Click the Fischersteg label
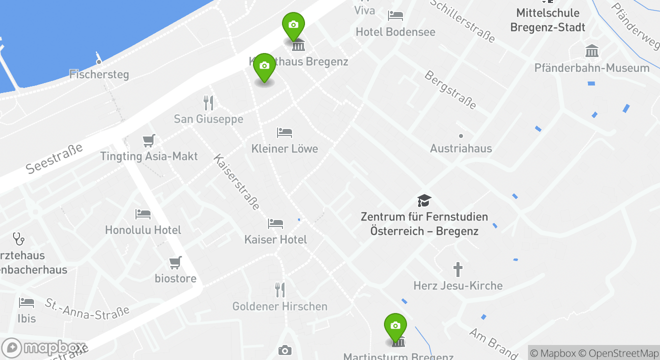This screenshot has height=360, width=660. tap(99, 74)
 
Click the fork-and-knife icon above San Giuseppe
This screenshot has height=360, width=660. tap(209, 103)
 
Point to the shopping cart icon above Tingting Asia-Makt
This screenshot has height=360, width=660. tap(148, 140)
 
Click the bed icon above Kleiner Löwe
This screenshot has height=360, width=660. tap(284, 133)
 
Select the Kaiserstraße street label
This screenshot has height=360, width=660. tap(237, 181)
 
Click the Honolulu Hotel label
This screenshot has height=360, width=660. tap(143, 230)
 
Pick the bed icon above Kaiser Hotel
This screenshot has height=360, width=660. tap(275, 223)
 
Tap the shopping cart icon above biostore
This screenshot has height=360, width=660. tap(175, 262)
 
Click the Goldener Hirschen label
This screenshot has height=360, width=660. tap(280, 306)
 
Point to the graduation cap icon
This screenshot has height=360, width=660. tap(424, 201)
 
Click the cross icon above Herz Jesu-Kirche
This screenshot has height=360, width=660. tap(458, 269)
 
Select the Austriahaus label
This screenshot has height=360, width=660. tap(461, 148)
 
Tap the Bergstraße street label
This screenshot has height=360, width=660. tap(450, 90)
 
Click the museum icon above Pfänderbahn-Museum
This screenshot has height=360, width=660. tap(592, 51)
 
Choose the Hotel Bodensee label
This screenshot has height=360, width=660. tap(395, 32)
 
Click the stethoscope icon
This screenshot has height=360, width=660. tap(18, 239)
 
